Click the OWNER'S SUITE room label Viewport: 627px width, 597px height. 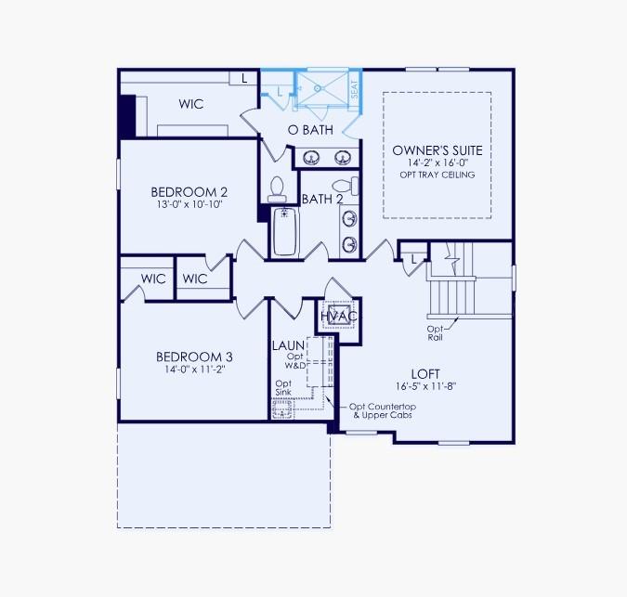tap(438, 150)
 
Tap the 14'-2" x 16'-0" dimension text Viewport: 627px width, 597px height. tap(438, 162)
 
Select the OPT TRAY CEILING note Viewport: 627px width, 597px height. tap(438, 175)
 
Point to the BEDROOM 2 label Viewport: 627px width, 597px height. tap(189, 192)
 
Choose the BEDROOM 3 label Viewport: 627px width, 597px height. tap(193, 357)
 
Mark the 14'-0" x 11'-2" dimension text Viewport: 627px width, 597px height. tap(193, 369)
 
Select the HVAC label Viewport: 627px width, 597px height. tap(338, 317)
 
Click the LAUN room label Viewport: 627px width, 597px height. tap(288, 345)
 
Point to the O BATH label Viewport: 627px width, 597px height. tap(310, 130)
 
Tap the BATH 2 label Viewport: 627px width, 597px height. tap(322, 199)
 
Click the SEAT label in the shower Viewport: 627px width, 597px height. tap(354, 89)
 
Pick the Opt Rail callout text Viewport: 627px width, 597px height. tap(435, 332)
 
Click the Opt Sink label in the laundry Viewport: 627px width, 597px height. tap(284, 387)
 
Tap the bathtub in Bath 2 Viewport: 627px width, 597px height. tap(284, 232)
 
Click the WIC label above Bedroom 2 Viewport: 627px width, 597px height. tap(191, 105)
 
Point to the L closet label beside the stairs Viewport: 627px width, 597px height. tap(412, 259)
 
